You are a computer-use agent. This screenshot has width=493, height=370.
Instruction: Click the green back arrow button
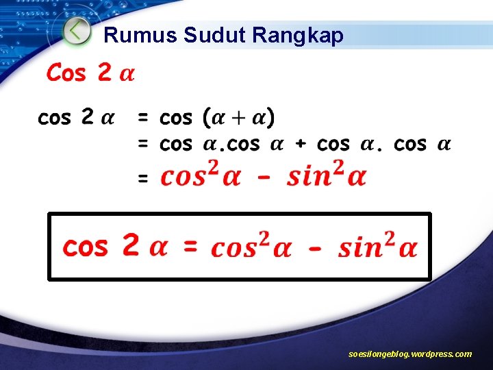point(77,32)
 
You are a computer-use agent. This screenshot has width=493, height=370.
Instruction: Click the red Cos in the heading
point(66,72)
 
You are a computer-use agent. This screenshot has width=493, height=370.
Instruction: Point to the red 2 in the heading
point(104,72)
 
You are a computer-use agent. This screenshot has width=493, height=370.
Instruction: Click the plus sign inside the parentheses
point(240,118)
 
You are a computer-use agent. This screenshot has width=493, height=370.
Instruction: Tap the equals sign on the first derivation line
point(143,118)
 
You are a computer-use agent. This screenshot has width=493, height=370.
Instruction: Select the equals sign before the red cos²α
point(143,179)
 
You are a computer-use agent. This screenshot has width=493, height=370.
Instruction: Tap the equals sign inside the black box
point(190,245)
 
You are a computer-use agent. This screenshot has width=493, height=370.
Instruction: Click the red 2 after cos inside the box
point(130,245)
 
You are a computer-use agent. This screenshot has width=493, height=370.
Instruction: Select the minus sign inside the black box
point(314,247)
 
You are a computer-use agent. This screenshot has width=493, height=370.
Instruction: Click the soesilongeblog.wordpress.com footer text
point(409,354)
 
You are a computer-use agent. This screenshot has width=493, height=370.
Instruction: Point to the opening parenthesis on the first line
point(207,118)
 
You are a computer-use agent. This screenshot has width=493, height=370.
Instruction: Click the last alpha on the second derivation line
point(444,145)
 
